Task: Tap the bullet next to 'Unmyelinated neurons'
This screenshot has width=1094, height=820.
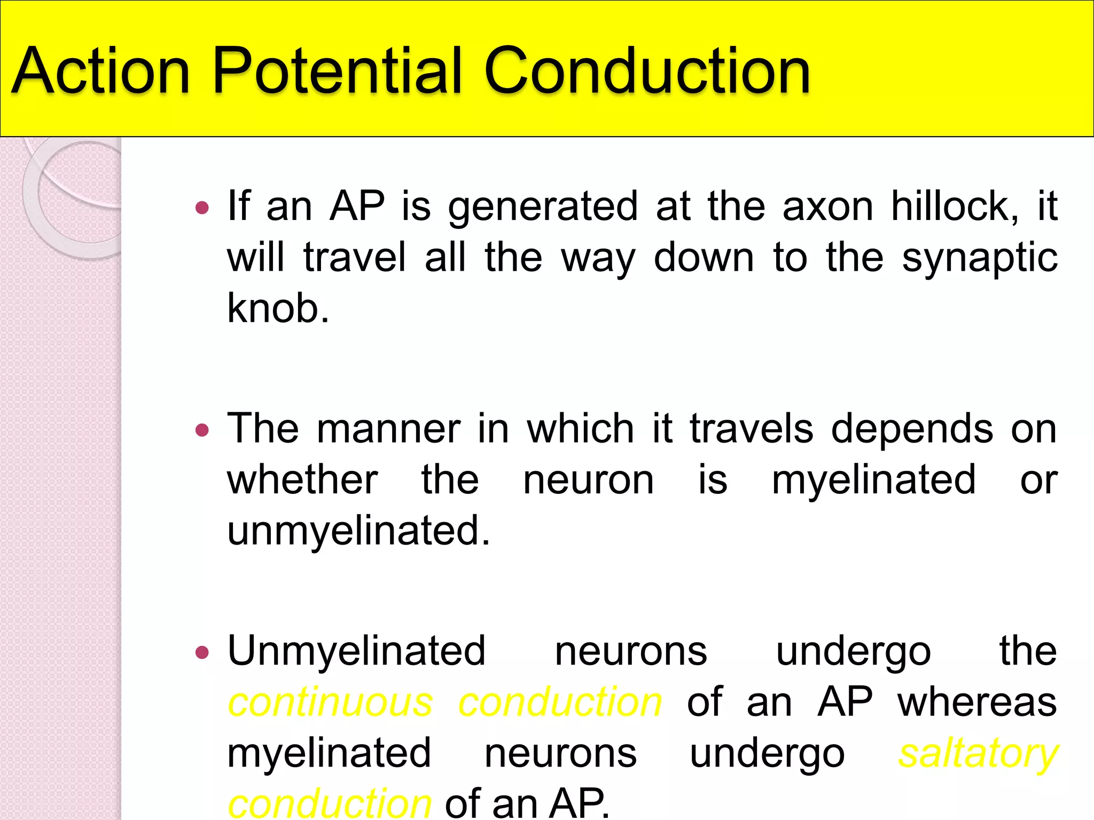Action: tap(202, 652)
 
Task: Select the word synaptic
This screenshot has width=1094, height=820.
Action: tap(979, 258)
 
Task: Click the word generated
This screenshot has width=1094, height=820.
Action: tap(543, 207)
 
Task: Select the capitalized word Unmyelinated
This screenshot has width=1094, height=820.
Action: tap(356, 651)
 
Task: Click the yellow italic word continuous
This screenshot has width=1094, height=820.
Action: tap(330, 703)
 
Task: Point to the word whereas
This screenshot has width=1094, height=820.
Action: tap(977, 703)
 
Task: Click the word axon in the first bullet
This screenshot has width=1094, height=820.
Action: tap(827, 207)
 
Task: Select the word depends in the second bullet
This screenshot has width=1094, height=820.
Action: tap(912, 429)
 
